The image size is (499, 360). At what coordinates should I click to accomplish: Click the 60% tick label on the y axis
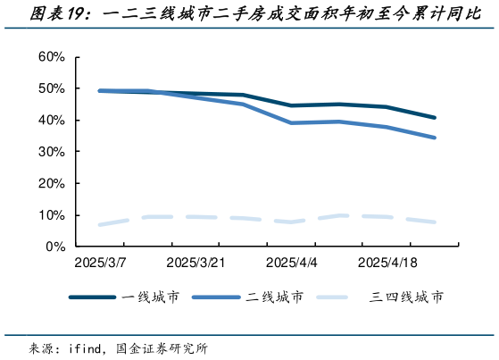click(x=51, y=57)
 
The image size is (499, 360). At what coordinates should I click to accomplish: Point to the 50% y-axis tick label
click(x=51, y=88)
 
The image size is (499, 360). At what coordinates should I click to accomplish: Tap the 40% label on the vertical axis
click(x=51, y=121)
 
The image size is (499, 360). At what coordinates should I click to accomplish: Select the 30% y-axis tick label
click(x=51, y=152)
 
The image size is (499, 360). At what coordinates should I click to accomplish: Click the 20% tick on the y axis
click(x=51, y=184)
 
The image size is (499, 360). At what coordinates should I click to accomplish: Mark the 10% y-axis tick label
click(x=51, y=215)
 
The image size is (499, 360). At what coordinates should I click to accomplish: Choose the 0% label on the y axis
click(x=54, y=247)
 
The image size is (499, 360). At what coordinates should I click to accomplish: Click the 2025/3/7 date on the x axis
click(x=101, y=264)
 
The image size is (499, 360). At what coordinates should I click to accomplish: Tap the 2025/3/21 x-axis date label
click(x=194, y=264)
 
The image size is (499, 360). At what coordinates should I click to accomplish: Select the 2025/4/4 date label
click(x=291, y=264)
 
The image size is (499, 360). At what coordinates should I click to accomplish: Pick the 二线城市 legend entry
click(x=275, y=297)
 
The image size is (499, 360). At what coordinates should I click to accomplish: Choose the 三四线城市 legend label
click(x=406, y=297)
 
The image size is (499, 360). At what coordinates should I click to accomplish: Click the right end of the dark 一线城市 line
click(x=435, y=117)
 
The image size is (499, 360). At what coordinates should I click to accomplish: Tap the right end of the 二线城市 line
click(x=435, y=138)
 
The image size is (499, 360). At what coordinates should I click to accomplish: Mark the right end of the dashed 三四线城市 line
click(x=435, y=222)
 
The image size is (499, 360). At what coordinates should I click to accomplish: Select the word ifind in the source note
click(x=87, y=348)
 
